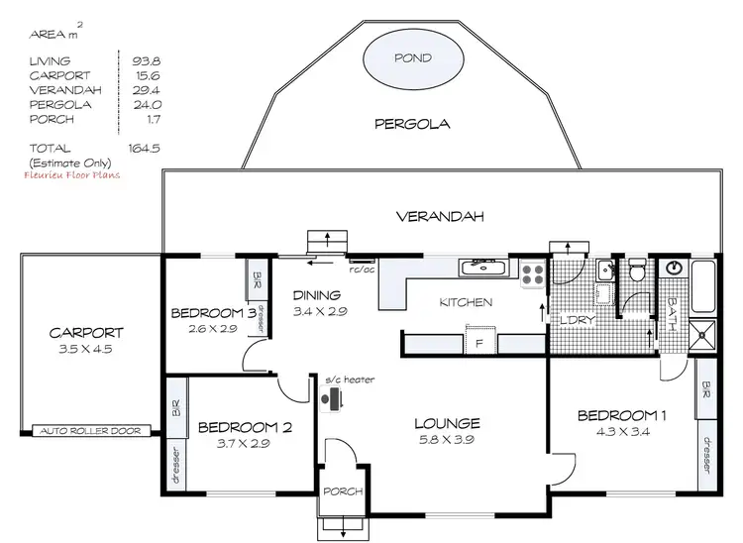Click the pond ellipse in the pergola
point(413,60)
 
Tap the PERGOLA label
point(412,125)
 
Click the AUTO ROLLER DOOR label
point(91,431)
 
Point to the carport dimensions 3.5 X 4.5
point(89,348)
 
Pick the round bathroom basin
point(674,267)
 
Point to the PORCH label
point(342,492)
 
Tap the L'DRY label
point(576,321)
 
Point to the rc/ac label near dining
point(362,268)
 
